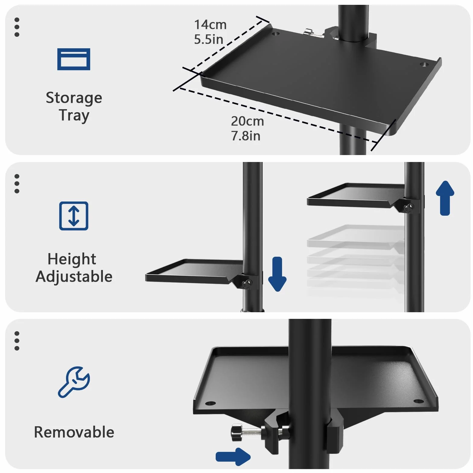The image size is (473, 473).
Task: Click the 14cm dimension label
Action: coord(210,25)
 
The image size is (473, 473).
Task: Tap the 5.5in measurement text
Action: coord(208,40)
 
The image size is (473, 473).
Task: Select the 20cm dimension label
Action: coord(247,121)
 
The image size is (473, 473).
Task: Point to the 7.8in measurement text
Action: coord(246,136)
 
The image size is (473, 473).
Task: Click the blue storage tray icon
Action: coord(74,59)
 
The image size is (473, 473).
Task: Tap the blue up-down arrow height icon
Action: coord(74,216)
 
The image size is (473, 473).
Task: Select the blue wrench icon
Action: coord(74,382)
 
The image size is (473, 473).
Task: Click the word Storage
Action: coord(74,98)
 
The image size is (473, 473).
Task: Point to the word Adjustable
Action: coord(74,277)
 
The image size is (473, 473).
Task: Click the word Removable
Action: coord(74,432)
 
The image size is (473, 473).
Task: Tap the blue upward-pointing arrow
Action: coord(445,198)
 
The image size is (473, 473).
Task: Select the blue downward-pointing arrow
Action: coord(277,274)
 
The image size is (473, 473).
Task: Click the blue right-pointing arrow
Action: coord(233,457)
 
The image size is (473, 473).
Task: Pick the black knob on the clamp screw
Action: coord(236,432)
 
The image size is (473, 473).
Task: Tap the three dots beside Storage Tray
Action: coord(17,27)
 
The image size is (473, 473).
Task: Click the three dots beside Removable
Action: coord(17,341)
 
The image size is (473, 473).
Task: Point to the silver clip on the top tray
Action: coord(313,33)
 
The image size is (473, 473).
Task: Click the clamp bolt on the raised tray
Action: coord(409,207)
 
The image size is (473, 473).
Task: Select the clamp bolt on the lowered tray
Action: coord(247,283)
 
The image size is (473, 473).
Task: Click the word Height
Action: coord(72,259)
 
